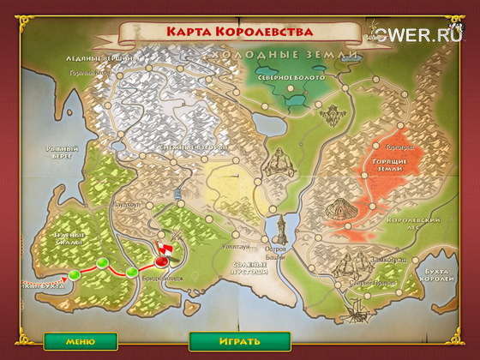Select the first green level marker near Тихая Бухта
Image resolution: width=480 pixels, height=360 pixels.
(x=73, y=274)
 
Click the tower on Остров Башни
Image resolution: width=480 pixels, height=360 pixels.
(x=283, y=229)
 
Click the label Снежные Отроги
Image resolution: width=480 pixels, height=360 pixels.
(x=189, y=147)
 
